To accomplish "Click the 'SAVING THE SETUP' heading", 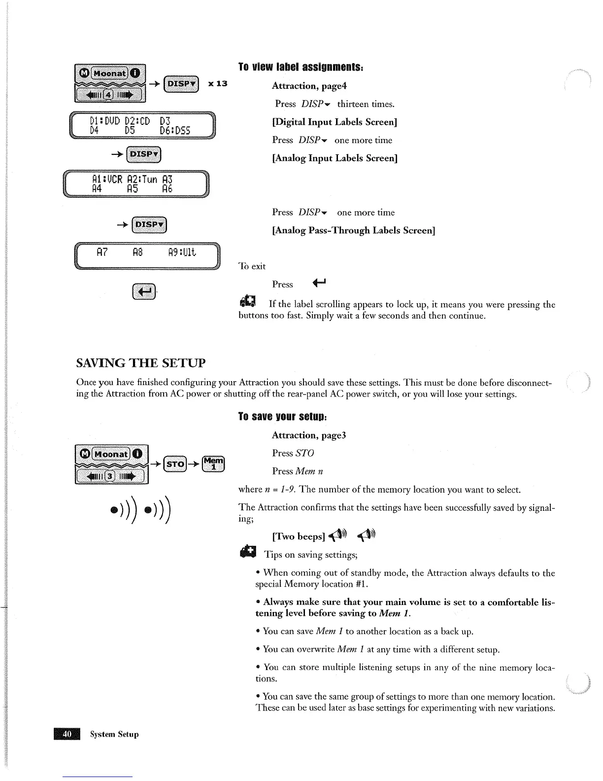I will [x=141, y=363].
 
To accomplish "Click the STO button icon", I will [x=175, y=464].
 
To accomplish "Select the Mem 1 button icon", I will [x=214, y=464].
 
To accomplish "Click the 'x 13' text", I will [x=218, y=83].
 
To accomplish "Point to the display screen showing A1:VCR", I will [x=136, y=183].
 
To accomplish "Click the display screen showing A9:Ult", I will [x=147, y=255].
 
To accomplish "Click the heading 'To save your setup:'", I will [x=283, y=417].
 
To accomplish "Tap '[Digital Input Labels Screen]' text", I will [x=335, y=122].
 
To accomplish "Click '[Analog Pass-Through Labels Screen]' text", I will [x=353, y=230].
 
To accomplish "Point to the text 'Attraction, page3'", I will [x=309, y=435].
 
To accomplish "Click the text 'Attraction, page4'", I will [x=309, y=86].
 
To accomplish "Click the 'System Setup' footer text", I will [x=114, y=734].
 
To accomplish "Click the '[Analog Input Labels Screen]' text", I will [x=335, y=158].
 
